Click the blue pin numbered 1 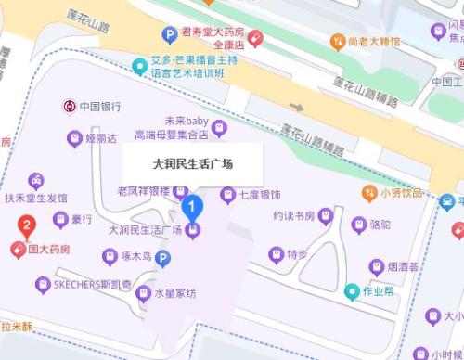pos(192,206)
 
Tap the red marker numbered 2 pos(27,225)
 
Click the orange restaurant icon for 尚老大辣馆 pos(340,41)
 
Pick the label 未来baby pos(187,121)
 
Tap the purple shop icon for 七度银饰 pos(226,195)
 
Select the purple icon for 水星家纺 pos(143,294)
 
